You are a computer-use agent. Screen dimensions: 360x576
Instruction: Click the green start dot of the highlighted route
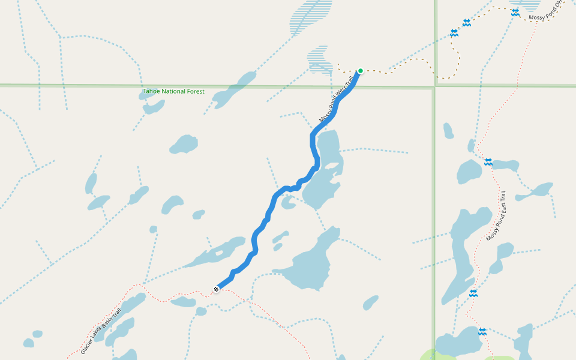pos(361,71)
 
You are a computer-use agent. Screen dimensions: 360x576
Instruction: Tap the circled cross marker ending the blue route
pos(216,290)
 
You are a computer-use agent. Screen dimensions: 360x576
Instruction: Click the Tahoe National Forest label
pos(173,92)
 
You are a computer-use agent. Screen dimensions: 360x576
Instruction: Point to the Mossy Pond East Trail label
pos(496,216)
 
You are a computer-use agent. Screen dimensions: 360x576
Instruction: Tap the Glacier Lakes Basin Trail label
pos(101,331)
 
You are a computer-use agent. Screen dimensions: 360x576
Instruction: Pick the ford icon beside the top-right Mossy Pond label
pos(515,12)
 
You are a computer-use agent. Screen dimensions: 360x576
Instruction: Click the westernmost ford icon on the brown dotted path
pos(454,33)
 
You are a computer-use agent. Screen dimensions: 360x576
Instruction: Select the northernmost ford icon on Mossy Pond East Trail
pos(488,162)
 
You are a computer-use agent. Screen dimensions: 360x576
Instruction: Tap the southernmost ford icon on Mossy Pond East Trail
pos(482,331)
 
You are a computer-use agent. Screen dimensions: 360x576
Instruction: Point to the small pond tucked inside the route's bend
pos(288,202)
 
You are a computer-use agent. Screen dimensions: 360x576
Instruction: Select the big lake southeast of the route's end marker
pos(312,264)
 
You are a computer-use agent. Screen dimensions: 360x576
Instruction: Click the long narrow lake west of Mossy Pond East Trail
pos(462,252)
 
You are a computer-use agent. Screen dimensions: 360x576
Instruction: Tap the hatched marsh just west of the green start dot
pos(319,60)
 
